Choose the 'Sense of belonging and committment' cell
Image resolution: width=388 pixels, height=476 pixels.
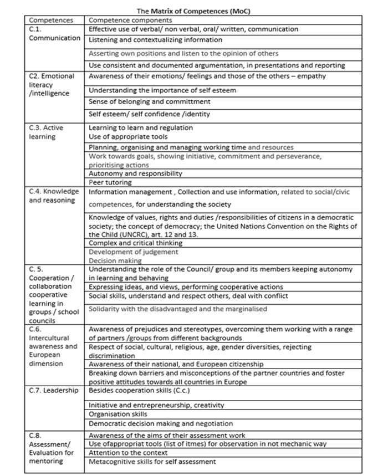pyautogui.click(x=150, y=102)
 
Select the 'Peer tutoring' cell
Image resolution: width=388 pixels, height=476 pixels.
pyautogui.click(x=110, y=182)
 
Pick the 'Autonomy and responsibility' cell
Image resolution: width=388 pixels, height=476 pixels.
pyautogui.click(x=135, y=173)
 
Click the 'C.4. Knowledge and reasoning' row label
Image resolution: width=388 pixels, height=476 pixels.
pyautogui.click(x=54, y=196)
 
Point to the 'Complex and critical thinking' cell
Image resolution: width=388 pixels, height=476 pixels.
pyautogui.click(x=135, y=243)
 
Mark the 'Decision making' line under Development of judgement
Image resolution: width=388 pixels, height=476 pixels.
pyautogui.click(x=115, y=260)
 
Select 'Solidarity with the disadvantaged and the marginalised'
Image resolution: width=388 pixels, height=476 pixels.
pyautogui.click(x=177, y=309)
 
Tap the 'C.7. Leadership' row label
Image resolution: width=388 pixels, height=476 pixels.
pyautogui.click(x=53, y=391)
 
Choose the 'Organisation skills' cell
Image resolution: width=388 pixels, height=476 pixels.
pyautogui.click(x=118, y=414)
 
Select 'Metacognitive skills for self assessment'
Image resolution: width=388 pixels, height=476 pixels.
pyautogui.click(x=152, y=462)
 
